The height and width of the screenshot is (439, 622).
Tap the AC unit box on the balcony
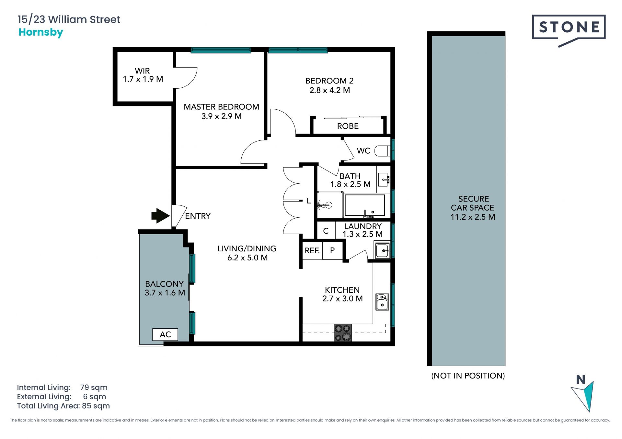point(165,335)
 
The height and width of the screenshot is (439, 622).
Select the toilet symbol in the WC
point(383,151)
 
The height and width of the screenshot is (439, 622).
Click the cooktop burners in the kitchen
point(343,333)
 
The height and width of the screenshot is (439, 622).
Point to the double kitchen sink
point(382,302)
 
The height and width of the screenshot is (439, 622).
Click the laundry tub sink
point(382,250)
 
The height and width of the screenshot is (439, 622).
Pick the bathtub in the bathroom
point(365,205)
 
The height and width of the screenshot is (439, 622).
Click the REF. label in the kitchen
point(312,250)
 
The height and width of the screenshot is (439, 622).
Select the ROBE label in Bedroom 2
point(348,126)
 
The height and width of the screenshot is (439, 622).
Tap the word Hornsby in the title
point(41,32)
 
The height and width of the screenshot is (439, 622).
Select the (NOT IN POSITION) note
point(468,376)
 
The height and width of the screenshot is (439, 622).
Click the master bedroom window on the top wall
point(221,50)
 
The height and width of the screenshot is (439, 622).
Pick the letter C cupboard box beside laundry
point(326,231)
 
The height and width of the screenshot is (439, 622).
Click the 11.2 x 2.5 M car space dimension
point(473,217)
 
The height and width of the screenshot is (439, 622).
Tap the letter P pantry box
point(332,250)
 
